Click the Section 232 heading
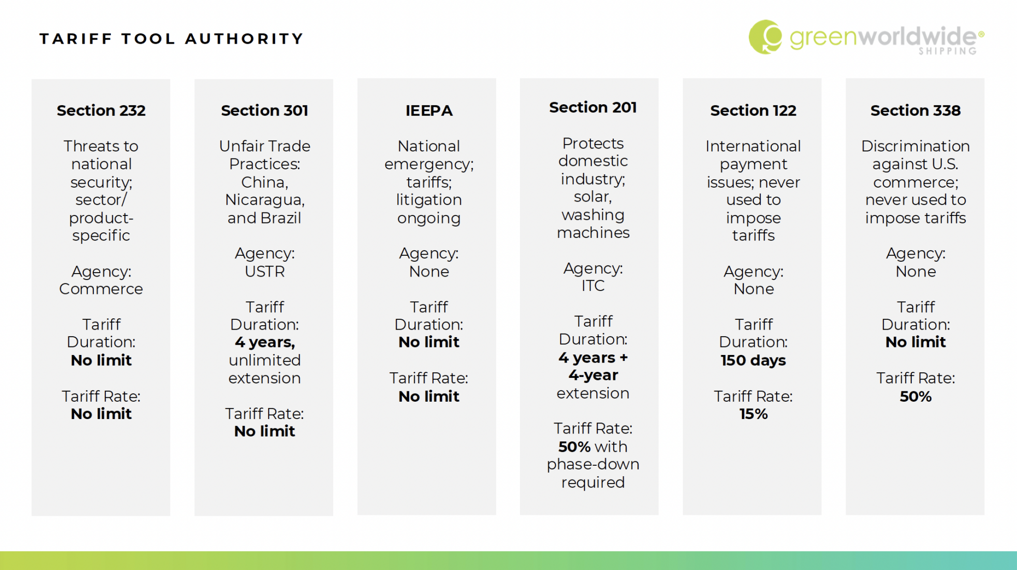[101, 110]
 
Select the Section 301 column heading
[264, 110]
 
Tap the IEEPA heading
[429, 110]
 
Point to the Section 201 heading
[592, 107]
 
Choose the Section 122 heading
[753, 110]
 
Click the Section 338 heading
[915, 110]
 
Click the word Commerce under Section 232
[101, 289]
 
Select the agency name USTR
[264, 272]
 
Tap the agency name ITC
[592, 286]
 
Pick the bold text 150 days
[753, 360]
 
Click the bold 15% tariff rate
[753, 414]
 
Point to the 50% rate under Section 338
[915, 396]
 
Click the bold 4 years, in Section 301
[264, 342]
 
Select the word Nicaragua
[264, 200]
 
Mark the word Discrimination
[915, 146]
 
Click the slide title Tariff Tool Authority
[171, 39]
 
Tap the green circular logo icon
[765, 37]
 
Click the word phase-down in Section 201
[592, 464]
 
